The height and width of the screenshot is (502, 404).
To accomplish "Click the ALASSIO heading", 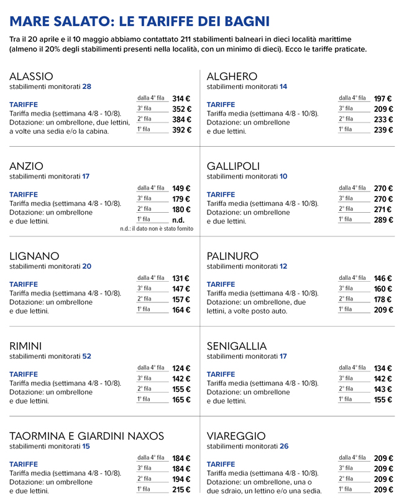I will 35,76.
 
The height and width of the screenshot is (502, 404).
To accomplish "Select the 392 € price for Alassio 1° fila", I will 181,130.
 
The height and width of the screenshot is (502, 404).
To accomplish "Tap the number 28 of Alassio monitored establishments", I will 86,86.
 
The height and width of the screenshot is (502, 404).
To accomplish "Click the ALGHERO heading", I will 232,76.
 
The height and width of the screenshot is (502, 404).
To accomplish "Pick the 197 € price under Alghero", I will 383,98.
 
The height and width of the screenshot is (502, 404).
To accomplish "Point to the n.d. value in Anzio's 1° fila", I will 178,220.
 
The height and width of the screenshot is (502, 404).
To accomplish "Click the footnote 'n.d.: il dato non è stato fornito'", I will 157,229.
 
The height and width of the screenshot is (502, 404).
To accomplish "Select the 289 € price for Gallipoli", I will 383,220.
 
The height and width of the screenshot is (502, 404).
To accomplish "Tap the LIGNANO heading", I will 34,256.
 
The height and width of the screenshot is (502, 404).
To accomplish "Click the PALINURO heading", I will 232,256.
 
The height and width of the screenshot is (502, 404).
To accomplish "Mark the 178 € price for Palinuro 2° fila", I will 383,299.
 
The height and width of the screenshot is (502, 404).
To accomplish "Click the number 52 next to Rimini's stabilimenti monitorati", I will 86,356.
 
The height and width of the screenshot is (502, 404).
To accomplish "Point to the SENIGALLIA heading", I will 237,346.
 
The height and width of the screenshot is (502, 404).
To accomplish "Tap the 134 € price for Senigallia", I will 383,368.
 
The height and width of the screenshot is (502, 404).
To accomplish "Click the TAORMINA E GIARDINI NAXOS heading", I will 86,435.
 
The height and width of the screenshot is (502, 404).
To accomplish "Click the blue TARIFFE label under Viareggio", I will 221,464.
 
